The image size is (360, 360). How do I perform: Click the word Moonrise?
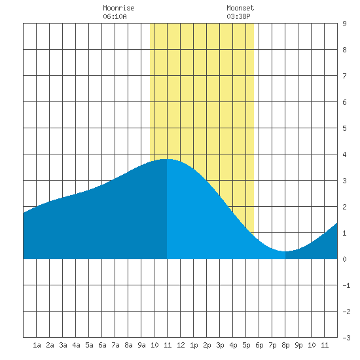[x=118, y=8]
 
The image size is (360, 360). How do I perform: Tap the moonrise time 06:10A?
[x=115, y=16]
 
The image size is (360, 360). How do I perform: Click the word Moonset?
[x=240, y=8]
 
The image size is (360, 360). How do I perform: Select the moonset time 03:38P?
[x=238, y=16]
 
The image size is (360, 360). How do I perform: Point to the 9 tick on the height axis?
[x=344, y=24]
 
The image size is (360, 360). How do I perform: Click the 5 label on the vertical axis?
[x=344, y=128]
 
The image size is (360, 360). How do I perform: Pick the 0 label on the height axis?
[x=344, y=259]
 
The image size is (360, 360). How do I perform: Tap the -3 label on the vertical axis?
[x=346, y=338]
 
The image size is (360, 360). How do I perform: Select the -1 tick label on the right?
[x=346, y=285]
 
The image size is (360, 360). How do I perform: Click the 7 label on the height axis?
[x=344, y=76]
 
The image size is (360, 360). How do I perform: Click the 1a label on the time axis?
[x=37, y=345]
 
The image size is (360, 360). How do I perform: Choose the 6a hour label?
[x=102, y=345]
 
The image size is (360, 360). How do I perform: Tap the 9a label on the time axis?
[x=141, y=345]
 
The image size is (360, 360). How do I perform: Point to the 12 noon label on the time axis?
[x=181, y=345]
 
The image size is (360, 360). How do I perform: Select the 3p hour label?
[x=220, y=345]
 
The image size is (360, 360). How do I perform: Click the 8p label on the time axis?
[x=285, y=345]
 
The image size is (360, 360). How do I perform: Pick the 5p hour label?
[x=246, y=345]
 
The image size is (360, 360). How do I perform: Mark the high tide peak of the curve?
[x=166, y=159]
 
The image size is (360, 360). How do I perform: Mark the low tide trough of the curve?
[x=285, y=251]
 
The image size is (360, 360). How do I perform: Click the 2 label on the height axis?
[x=344, y=207]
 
